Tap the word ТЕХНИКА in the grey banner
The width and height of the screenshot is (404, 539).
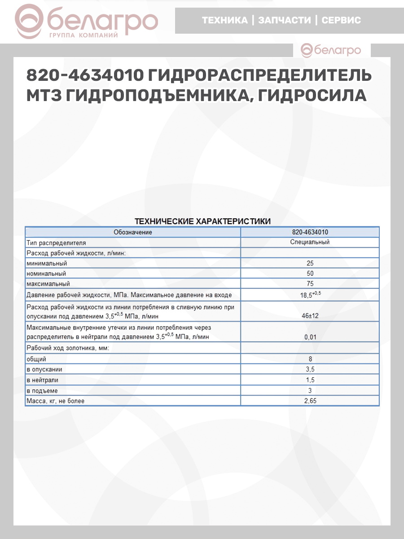pyautogui.click(x=224, y=20)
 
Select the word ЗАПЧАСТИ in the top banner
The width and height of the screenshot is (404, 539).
pyautogui.click(x=285, y=20)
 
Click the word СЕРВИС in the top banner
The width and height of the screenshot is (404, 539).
pyautogui.click(x=341, y=20)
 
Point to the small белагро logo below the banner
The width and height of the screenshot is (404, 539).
pyautogui.click(x=331, y=50)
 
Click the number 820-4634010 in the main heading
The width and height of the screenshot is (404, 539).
pyautogui.click(x=83, y=75)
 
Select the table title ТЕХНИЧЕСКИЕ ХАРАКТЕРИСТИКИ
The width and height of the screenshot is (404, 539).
pyautogui.click(x=202, y=221)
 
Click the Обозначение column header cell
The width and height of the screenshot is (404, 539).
pyautogui.click(x=133, y=232)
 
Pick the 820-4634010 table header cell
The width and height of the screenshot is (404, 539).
pyautogui.click(x=310, y=232)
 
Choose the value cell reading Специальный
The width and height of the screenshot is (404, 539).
pyautogui.click(x=310, y=242)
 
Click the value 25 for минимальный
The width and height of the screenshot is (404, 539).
pyautogui.click(x=310, y=263)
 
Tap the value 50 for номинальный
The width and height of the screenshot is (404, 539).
pyautogui.click(x=310, y=274)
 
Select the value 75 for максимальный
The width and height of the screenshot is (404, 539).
pyautogui.click(x=310, y=284)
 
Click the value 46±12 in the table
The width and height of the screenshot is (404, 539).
pyautogui.click(x=310, y=316)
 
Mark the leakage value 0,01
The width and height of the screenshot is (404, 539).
pyautogui.click(x=310, y=337)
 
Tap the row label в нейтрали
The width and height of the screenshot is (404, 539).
pyautogui.click(x=43, y=380)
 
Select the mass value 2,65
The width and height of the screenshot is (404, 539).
pyautogui.click(x=310, y=401)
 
